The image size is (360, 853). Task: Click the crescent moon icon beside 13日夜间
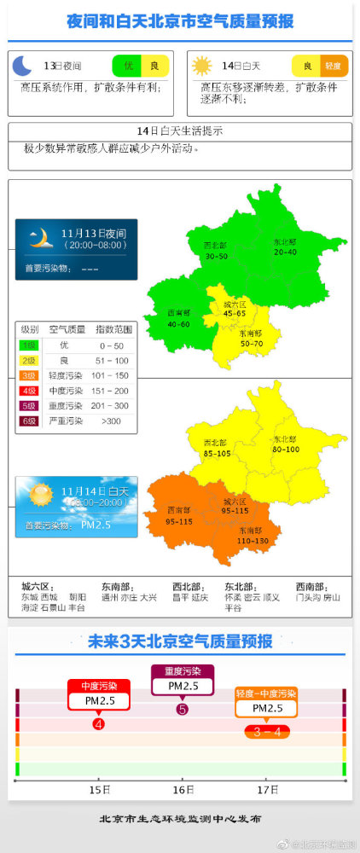pos(23,66)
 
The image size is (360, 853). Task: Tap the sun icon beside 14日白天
pos(201,66)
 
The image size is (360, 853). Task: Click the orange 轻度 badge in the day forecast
pos(334,66)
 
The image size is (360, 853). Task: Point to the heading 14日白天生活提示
pos(179,131)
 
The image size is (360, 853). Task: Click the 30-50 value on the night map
pos(216,255)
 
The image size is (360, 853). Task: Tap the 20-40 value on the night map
pos(285,251)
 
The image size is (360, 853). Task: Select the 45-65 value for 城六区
pos(235,313)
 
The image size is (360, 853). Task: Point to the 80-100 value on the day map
pos(286,449)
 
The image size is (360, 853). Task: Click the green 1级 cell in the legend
pos(29,345)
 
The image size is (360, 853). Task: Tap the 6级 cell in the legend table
pos(29,421)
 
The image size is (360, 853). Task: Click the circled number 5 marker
pos(182,709)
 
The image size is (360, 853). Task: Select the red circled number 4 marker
pos(99,724)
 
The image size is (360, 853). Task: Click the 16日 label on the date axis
pos(183,790)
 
